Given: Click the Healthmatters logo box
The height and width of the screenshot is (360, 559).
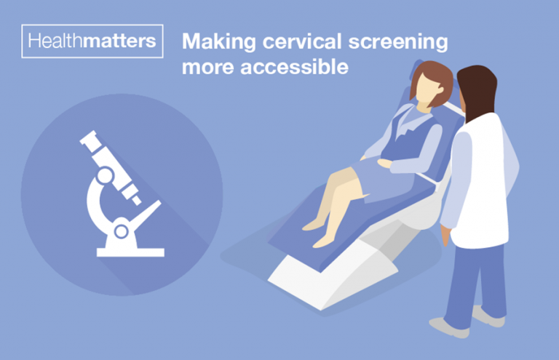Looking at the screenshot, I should click(x=91, y=41).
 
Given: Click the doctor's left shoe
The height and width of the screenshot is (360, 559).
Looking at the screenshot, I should click(x=448, y=326).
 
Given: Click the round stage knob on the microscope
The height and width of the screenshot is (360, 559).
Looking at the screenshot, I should click(x=122, y=231).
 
